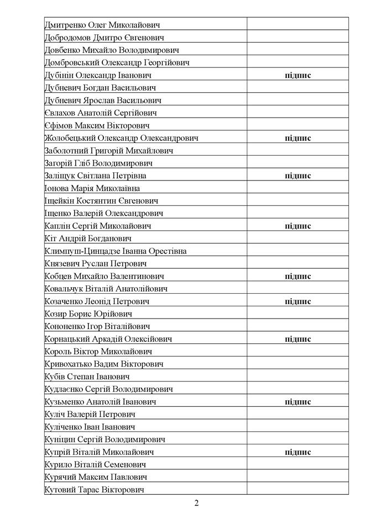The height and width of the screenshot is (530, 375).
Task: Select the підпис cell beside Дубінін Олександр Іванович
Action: click(x=298, y=75)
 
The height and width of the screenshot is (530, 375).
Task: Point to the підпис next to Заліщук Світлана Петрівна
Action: click(x=298, y=176)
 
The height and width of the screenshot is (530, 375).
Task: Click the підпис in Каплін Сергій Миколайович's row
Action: click(x=298, y=226)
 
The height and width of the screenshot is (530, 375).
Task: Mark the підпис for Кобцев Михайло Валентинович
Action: click(x=298, y=276)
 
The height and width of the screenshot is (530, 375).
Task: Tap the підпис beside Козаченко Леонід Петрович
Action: click(x=298, y=301)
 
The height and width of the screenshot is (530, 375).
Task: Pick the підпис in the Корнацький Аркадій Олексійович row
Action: click(x=298, y=339)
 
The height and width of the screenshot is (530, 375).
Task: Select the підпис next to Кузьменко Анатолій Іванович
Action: click(x=298, y=402)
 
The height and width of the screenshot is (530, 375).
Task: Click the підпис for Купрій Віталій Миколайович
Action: click(x=298, y=452)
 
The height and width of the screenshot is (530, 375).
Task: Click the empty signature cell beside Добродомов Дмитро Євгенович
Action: click(x=298, y=38)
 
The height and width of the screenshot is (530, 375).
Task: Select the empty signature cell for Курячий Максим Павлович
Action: click(x=298, y=477)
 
